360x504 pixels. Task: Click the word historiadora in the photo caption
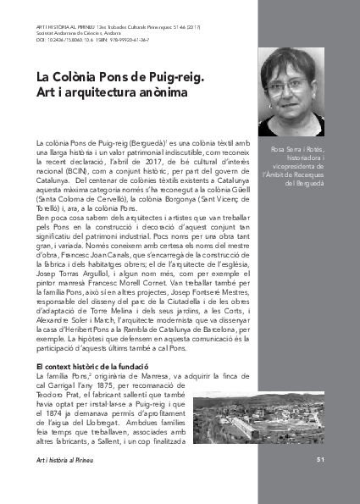tap(297, 156)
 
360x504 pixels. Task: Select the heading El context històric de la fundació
tap(98, 342)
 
